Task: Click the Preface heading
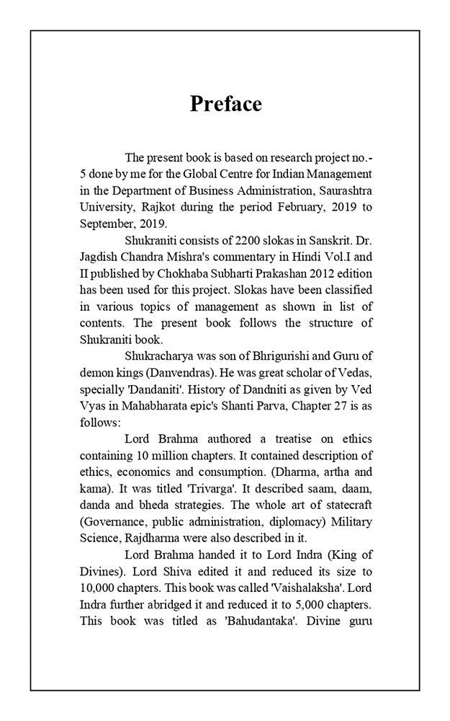pyautogui.click(x=225, y=104)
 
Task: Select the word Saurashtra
pyautogui.click(x=341, y=191)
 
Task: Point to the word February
pyautogui.click(x=292, y=208)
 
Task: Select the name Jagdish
pyautogui.click(x=101, y=257)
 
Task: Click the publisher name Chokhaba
pyautogui.click(x=175, y=274)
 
